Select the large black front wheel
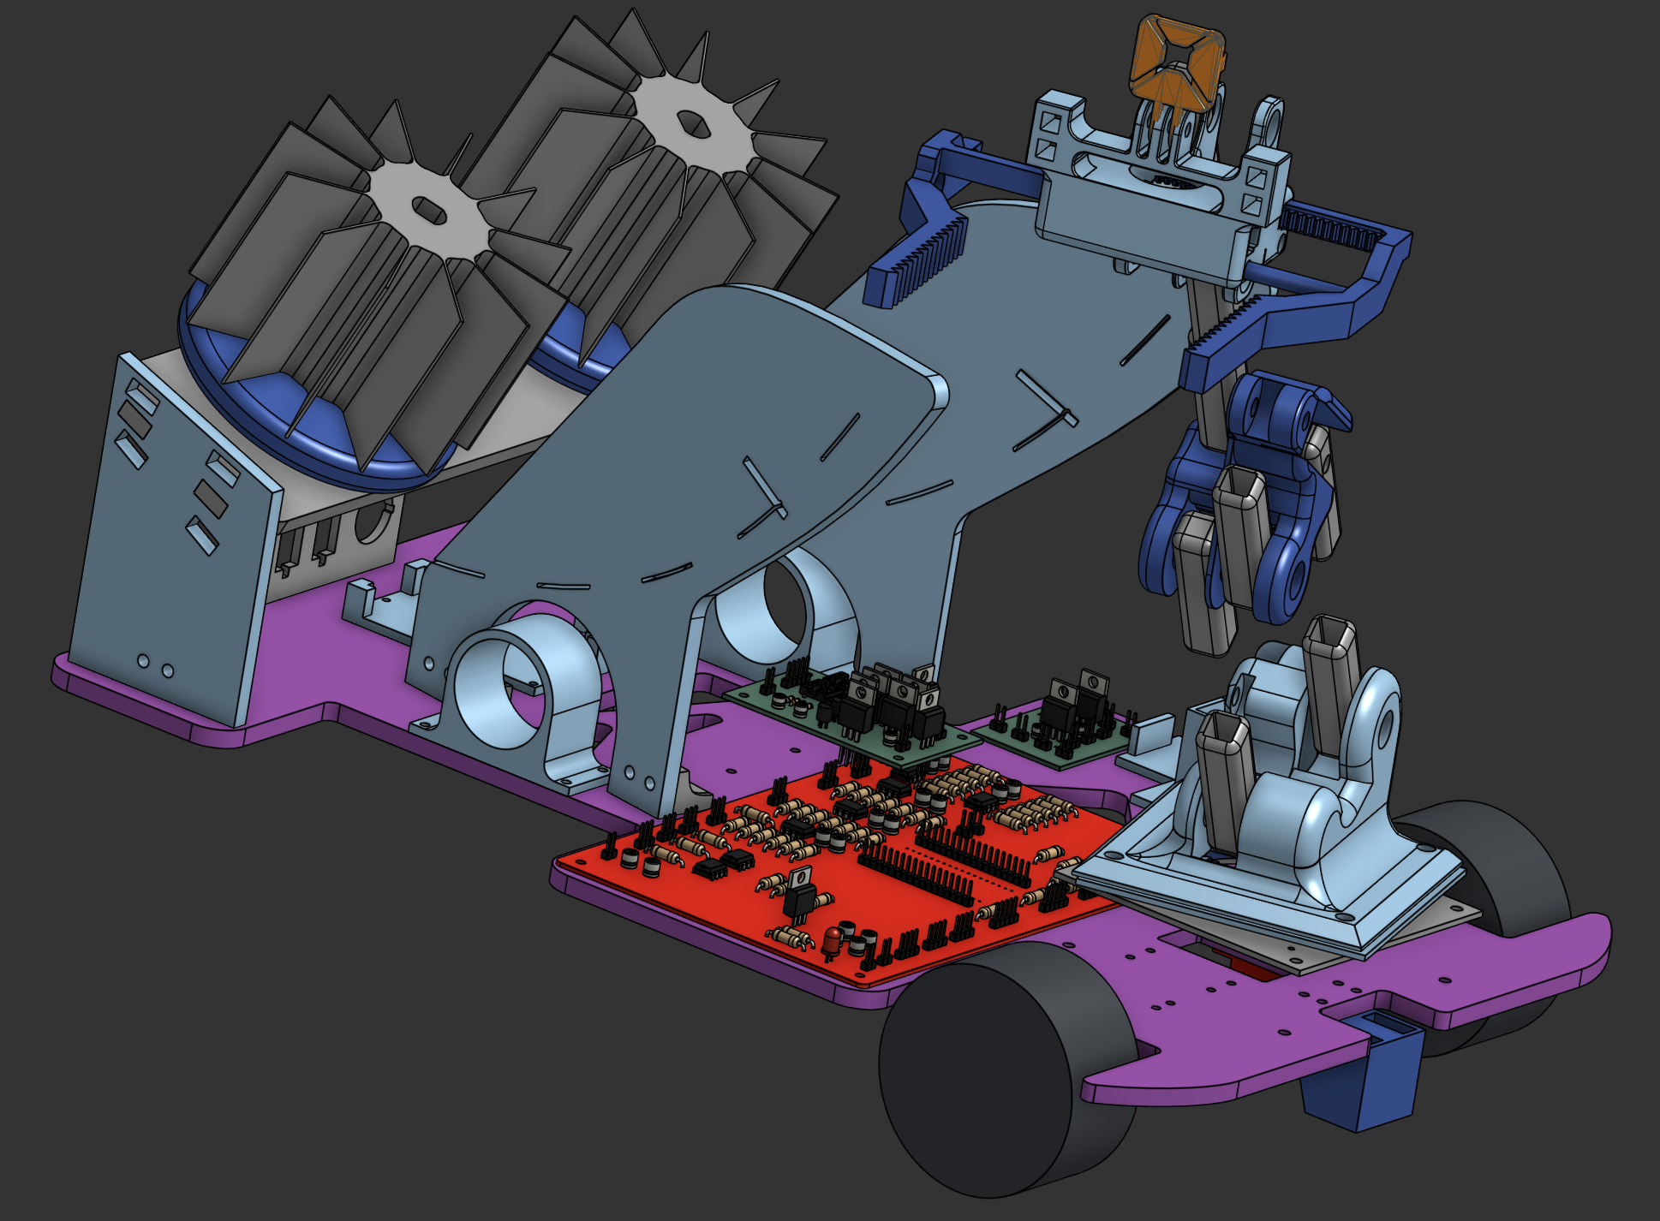[x=976, y=1070]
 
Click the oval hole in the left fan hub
[x=426, y=208]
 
